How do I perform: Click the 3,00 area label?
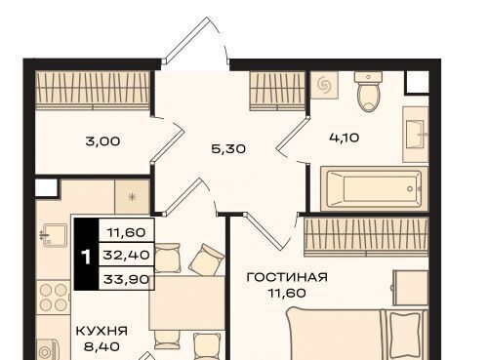point(102,141)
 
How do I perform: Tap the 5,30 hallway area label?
point(228,149)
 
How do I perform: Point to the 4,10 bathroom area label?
point(345,138)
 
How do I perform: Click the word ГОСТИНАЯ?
point(287,277)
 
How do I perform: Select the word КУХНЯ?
point(102,331)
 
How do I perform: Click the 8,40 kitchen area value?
point(102,346)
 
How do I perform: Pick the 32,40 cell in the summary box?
point(126,255)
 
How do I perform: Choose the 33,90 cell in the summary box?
point(126,279)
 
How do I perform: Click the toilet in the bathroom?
point(369,92)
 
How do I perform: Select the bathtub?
point(374,188)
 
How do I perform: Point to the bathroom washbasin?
point(416,135)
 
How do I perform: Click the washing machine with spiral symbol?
point(324,85)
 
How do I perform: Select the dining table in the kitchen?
point(187,302)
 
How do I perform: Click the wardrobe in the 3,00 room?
point(93,91)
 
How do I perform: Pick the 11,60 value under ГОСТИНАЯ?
point(287,293)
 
